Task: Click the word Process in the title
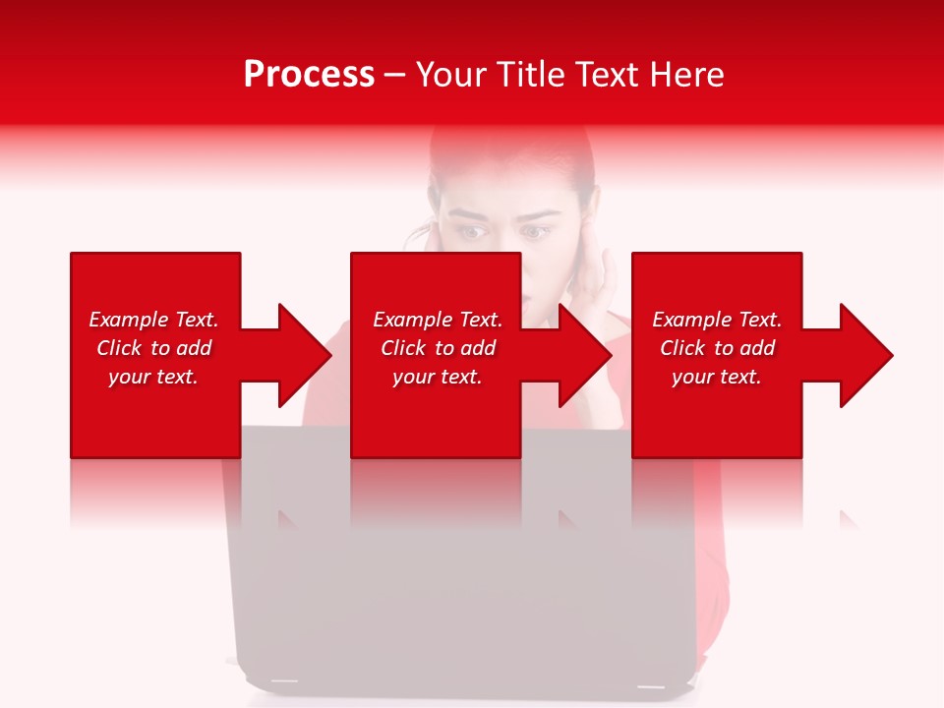309,74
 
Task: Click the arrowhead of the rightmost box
865,355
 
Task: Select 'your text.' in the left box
153,377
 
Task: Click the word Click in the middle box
403,348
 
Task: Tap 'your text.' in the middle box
437,377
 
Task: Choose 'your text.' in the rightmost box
717,377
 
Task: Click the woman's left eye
535,233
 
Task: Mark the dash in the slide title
395,75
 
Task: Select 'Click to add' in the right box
717,348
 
